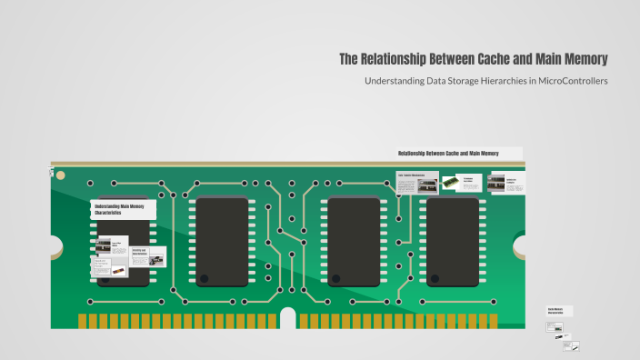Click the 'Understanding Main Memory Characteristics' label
point(122,210)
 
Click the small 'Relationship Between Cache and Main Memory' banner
point(458,154)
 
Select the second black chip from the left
point(223,242)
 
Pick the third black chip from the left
point(354,242)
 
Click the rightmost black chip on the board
point(453,242)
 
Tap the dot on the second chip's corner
point(205,278)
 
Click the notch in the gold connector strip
point(288,317)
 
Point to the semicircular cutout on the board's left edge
point(55,245)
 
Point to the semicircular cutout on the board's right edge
point(521,245)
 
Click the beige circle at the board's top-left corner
point(53,170)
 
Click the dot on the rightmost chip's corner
point(435,278)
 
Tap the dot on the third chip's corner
point(335,278)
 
